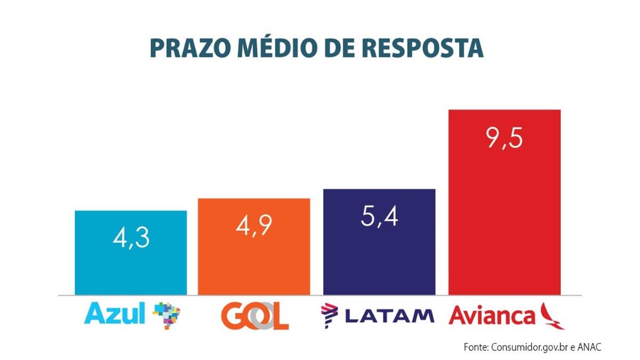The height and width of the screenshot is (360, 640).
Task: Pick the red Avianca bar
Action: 504,224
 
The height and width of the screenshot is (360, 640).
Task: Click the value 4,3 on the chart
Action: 131,238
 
